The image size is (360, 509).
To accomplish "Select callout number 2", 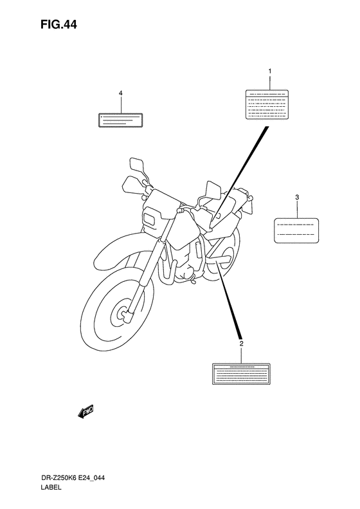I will click(241, 344).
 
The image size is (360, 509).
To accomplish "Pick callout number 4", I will click(120, 93).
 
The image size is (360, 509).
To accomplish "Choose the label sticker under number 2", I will click(241, 374).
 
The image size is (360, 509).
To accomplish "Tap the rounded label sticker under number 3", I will click(296, 229).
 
